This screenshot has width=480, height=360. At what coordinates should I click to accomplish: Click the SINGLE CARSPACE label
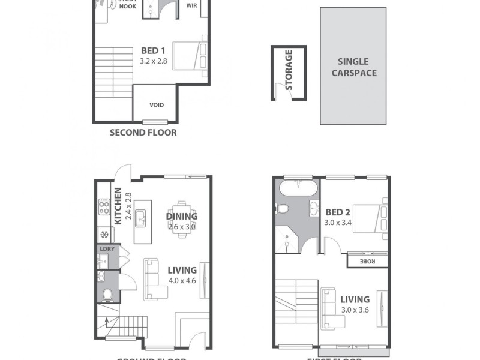coord(353,67)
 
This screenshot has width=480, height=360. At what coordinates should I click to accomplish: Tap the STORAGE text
coord(289,70)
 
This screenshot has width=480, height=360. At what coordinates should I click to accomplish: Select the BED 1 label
coord(153,51)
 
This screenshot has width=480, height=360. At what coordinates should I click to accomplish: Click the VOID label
coord(156,105)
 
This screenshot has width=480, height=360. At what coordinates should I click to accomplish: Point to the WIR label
coord(192,5)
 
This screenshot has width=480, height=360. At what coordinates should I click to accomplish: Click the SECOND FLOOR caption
coord(143,133)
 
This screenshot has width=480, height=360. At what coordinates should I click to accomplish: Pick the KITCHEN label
coord(118,206)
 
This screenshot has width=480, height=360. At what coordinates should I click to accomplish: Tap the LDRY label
coord(107,249)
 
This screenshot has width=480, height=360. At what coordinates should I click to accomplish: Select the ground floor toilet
coord(107,294)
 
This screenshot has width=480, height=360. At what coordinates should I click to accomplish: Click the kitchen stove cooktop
coord(104,208)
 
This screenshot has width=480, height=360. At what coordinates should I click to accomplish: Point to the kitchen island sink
coord(142,218)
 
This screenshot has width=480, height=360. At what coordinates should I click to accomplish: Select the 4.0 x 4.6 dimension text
coord(182,281)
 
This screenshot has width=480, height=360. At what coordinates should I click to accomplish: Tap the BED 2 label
coord(338,212)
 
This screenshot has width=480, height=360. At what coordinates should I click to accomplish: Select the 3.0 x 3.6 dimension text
coord(355,310)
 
